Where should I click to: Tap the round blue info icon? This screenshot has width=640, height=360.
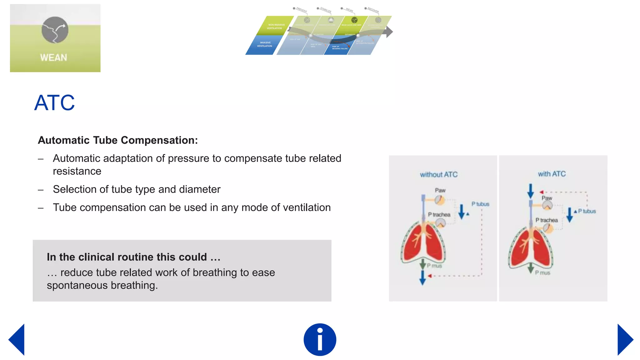point(320,340)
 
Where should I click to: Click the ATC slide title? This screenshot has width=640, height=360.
point(54,103)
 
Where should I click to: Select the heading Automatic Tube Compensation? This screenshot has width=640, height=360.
point(117,140)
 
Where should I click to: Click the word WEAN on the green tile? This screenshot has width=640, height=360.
point(53,58)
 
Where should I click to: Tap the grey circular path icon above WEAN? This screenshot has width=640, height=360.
point(55,30)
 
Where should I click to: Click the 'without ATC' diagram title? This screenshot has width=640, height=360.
point(438,175)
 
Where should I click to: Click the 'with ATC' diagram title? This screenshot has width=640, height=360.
point(552,174)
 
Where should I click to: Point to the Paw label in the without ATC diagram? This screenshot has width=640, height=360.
point(440,190)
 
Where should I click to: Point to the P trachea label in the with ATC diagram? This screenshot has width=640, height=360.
point(547,220)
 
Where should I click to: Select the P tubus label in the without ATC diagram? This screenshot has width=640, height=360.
point(480,204)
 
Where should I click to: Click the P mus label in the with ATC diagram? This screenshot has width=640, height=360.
point(542,273)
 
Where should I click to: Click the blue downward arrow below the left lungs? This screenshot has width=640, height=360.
point(422,277)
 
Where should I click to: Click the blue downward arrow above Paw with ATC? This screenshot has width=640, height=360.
point(530,191)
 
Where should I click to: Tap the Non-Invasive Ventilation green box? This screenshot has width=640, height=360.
point(275,26)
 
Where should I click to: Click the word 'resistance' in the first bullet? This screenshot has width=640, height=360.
point(77,171)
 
